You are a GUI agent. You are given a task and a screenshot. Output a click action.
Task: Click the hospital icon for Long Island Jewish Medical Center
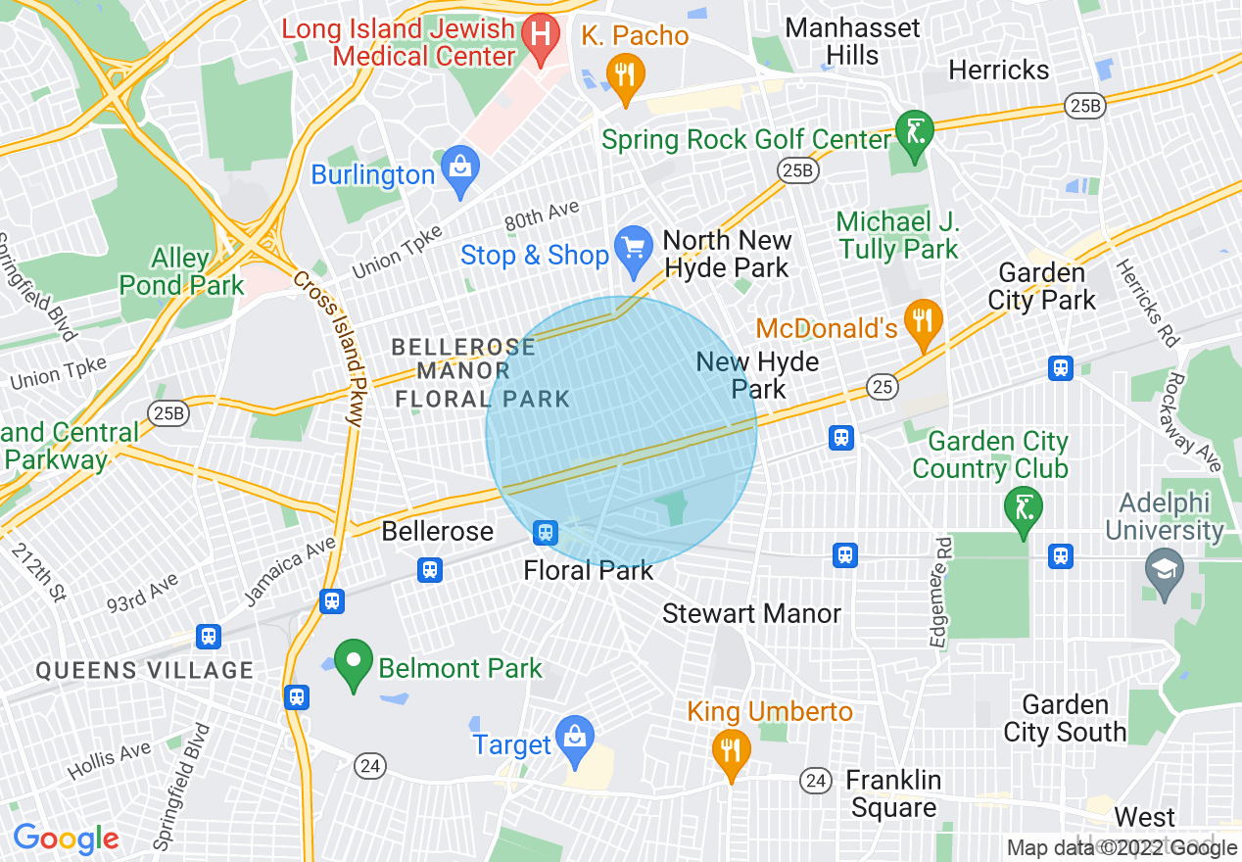click(x=539, y=36)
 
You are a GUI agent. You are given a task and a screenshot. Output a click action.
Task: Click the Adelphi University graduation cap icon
click(x=1165, y=570)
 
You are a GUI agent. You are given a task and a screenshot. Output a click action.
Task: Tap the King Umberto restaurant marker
click(x=731, y=750)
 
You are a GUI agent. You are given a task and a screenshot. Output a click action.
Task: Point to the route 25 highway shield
click(x=883, y=388)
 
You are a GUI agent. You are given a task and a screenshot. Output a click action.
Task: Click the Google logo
click(x=66, y=838)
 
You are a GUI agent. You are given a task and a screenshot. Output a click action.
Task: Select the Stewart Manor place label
click(x=751, y=614)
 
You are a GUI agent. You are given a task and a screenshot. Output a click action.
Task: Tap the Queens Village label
click(x=145, y=671)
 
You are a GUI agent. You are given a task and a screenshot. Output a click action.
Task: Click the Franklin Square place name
click(x=893, y=793)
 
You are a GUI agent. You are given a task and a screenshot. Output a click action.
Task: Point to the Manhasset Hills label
click(x=852, y=41)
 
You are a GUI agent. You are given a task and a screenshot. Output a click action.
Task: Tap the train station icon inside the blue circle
click(x=546, y=533)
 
